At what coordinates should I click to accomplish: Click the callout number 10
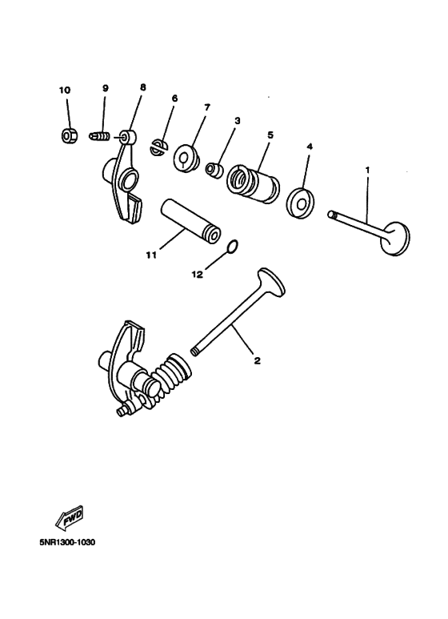tap(66, 90)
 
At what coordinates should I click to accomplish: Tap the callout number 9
tap(105, 87)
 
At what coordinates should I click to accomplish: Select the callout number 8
tap(143, 86)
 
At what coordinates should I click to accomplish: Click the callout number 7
tap(206, 107)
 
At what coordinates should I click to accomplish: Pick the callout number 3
tap(237, 120)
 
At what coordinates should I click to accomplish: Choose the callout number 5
tap(270, 135)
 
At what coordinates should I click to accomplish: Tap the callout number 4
tap(309, 147)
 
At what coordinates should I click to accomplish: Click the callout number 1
tap(367, 171)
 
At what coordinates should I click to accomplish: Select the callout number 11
tap(149, 255)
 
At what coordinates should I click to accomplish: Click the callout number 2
tap(257, 360)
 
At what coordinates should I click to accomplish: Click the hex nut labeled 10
tap(69, 137)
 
